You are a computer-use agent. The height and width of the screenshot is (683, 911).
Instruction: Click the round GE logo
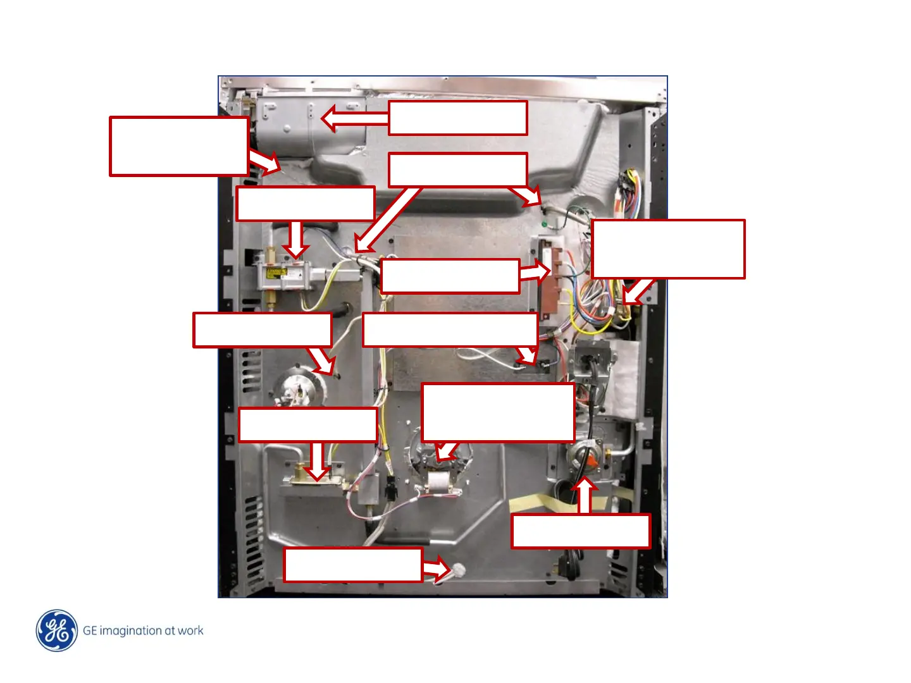[57, 631]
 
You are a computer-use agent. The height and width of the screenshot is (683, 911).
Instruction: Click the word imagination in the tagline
[130, 631]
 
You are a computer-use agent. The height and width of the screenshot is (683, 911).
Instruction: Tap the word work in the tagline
[190, 631]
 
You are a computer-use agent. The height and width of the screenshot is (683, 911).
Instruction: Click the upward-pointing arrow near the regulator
[585, 496]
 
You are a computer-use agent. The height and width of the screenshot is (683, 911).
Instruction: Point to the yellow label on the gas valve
[276, 274]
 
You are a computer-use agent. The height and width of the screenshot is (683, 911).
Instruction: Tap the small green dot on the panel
[544, 223]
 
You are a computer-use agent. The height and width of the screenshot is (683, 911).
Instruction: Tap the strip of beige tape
[557, 504]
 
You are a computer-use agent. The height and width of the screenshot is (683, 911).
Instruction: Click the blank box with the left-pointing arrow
[457, 118]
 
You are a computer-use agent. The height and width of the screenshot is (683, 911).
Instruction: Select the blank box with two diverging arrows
[457, 169]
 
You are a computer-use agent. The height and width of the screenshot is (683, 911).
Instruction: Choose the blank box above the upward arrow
[580, 531]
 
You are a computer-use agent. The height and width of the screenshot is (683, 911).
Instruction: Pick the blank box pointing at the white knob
[353, 564]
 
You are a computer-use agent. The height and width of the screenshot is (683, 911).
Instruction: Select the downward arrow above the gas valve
[295, 239]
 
